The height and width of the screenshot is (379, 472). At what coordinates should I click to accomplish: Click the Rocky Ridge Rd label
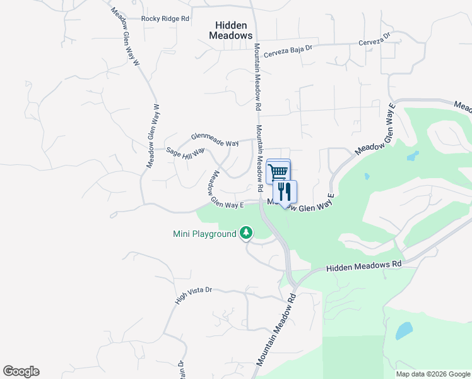165,19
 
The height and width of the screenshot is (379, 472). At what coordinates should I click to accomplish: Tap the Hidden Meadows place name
231,30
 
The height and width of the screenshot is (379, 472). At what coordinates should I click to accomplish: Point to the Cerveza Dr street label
375,39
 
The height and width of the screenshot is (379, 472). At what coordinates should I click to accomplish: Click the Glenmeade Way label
215,140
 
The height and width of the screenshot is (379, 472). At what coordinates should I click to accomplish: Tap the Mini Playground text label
204,234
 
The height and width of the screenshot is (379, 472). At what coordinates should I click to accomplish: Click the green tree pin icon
246,234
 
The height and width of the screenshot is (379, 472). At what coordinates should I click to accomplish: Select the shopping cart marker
278,171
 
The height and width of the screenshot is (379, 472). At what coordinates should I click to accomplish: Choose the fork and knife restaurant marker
285,191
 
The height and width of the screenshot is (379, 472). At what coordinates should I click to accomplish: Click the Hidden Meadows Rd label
364,267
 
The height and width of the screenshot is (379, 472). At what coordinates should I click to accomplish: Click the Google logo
21,371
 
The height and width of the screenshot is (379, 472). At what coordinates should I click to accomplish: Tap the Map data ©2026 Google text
433,374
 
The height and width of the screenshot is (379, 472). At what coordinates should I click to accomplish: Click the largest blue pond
403,330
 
